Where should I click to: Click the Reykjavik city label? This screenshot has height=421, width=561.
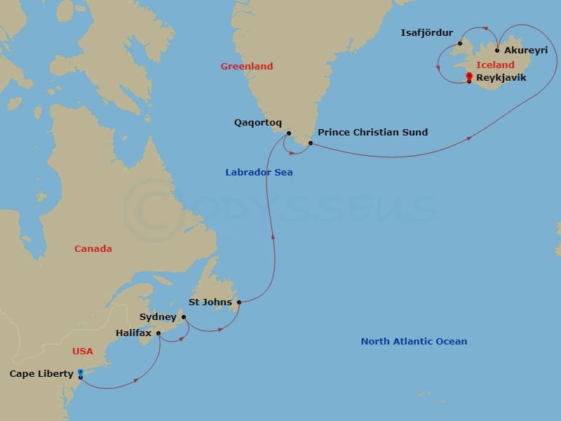point(501,78)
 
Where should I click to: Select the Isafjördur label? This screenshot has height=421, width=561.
point(426,33)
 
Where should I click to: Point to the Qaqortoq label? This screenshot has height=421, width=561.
point(257,122)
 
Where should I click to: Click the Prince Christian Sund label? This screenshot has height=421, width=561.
point(372,132)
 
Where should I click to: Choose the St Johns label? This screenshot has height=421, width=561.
point(210,302)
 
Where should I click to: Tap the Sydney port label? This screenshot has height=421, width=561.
point(158,317)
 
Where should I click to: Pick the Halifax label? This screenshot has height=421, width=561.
point(134,333)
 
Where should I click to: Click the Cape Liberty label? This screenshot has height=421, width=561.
point(41,374)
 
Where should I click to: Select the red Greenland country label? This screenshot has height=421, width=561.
point(246,67)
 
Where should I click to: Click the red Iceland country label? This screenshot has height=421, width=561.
point(495,65)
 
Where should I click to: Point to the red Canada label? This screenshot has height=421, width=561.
point(93,248)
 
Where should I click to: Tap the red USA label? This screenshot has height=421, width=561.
point(82,351)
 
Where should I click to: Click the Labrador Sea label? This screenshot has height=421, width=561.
point(259,173)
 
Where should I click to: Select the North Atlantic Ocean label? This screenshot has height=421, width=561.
point(414,342)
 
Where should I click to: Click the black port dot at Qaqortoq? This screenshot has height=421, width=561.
point(288,133)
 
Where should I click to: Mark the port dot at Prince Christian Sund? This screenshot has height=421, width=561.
point(310,143)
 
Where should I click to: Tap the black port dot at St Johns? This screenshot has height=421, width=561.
point(239,302)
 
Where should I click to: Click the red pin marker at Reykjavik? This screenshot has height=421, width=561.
point(468,76)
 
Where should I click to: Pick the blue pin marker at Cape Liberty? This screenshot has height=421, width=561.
point(81,373)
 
